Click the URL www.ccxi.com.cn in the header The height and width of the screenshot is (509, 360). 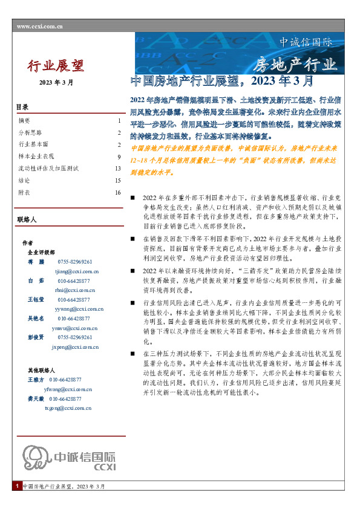click(x=39, y=26)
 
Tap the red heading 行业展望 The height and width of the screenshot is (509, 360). click(x=56, y=65)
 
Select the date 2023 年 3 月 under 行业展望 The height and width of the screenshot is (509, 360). click(x=56, y=82)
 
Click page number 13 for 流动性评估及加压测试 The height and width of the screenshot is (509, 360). click(x=118, y=168)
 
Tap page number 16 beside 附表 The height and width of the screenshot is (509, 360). click(x=118, y=192)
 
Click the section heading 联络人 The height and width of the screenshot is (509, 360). click(x=28, y=219)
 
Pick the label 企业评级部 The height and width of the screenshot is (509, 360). click(x=41, y=251)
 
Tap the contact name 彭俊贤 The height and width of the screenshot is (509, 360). click(x=36, y=337)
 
